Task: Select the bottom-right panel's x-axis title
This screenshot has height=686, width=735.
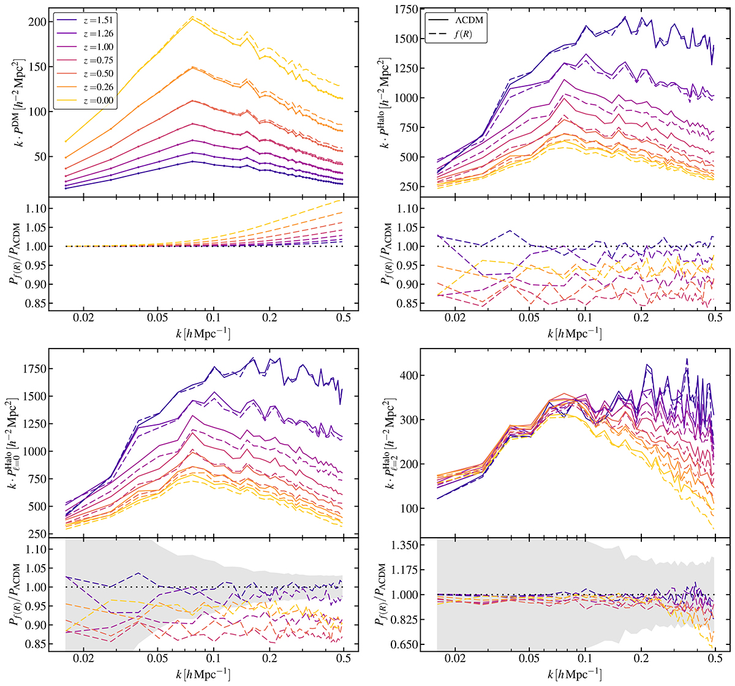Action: point(576,674)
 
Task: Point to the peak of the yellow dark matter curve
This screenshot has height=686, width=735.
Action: point(192,18)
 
